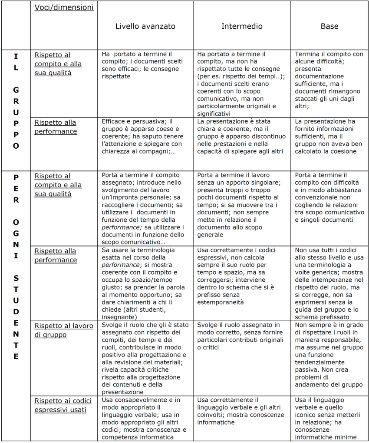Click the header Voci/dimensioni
pos(64,7)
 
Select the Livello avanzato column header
pos(145,26)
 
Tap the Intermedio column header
pos(242,26)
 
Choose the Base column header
pos(329,26)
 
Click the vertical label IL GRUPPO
pos(16,100)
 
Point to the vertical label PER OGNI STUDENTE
pos(16,267)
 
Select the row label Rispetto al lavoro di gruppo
pos(63,330)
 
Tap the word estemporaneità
pos(220,302)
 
